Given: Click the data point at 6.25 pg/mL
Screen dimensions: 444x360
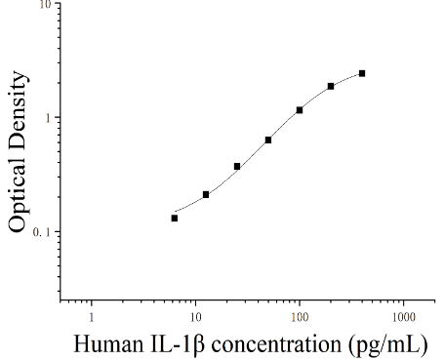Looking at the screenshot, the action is pyautogui.click(x=175, y=219).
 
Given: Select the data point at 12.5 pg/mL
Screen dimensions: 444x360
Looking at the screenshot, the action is pyautogui.click(x=206, y=195).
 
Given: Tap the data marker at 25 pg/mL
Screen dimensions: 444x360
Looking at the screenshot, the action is pyautogui.click(x=237, y=167).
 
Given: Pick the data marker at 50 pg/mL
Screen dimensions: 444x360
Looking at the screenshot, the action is pyautogui.click(x=268, y=140).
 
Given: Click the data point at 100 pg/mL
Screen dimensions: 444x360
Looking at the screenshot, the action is pyautogui.click(x=300, y=110).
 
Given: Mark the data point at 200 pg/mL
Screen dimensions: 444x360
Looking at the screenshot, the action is pyautogui.click(x=331, y=86).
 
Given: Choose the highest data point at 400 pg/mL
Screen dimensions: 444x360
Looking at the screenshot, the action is pyautogui.click(x=362, y=73).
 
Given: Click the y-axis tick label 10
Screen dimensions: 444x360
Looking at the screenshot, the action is pyautogui.click(x=46, y=5).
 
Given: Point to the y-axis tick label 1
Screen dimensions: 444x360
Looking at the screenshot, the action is pyautogui.click(x=49, y=118).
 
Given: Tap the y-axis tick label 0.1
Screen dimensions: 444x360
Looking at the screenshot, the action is pyautogui.click(x=42, y=232).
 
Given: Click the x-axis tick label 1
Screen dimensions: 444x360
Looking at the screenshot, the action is pyautogui.click(x=91, y=317).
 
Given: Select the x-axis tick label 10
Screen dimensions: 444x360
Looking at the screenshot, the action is pyautogui.click(x=195, y=317).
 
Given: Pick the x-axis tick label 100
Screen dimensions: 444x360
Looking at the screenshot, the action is pyautogui.click(x=300, y=317).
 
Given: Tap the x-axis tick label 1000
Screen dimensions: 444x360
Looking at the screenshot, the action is pyautogui.click(x=404, y=317).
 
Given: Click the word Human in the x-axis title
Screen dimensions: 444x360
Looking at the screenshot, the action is pyautogui.click(x=108, y=343).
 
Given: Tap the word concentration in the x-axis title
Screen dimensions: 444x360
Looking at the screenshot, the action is pyautogui.click(x=276, y=344).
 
